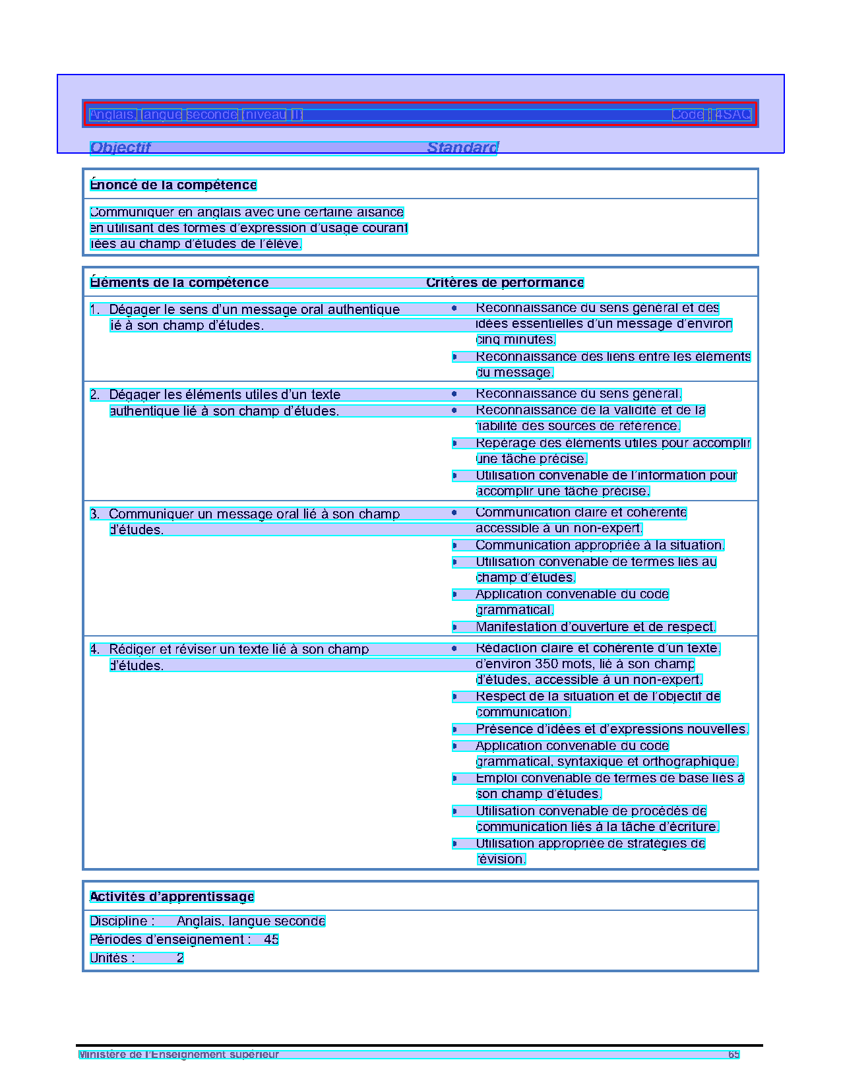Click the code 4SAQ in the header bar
pyautogui.click(x=733, y=115)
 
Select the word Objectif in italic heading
pyautogui.click(x=120, y=148)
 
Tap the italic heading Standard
pyautogui.click(x=462, y=148)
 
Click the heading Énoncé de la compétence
pyautogui.click(x=173, y=185)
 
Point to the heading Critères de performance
pyautogui.click(x=505, y=283)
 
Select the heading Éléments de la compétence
pyautogui.click(x=179, y=283)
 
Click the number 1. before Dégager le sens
pyautogui.click(x=95, y=309)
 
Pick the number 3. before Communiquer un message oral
pyautogui.click(x=95, y=514)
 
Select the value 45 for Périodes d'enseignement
pyautogui.click(x=271, y=939)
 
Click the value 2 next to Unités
pyautogui.click(x=180, y=958)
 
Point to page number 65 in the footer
pyautogui.click(x=733, y=1055)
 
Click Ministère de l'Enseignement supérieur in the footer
pyautogui.click(x=179, y=1055)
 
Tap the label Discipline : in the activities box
pyautogui.click(x=122, y=921)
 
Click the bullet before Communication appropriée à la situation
pyautogui.click(x=454, y=545)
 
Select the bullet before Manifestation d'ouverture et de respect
pyautogui.click(x=454, y=627)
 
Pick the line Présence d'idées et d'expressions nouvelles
pyautogui.click(x=611, y=730)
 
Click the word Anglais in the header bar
pyautogui.click(x=113, y=115)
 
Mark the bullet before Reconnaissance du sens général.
pyautogui.click(x=454, y=394)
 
